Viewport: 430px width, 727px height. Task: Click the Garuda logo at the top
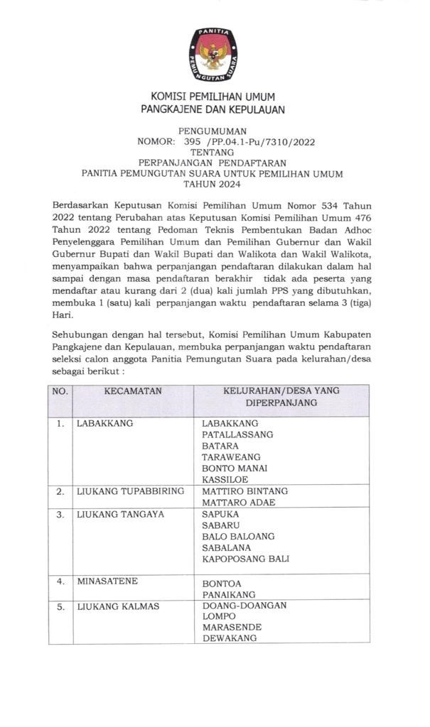[x=213, y=54]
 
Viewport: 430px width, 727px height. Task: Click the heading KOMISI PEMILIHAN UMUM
[x=213, y=97]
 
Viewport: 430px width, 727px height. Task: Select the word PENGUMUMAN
[x=213, y=131]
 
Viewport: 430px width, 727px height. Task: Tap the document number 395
[x=193, y=141]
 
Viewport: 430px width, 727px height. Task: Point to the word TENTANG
[x=213, y=152]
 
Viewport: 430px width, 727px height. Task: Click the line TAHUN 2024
[x=213, y=183]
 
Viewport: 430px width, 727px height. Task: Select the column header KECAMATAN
[x=133, y=391]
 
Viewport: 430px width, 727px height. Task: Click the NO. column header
[x=60, y=391]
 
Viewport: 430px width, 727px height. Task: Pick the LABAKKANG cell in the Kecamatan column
[x=105, y=424]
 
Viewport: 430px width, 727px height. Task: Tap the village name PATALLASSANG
[x=237, y=434]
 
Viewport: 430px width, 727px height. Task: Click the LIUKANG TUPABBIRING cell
[x=130, y=491]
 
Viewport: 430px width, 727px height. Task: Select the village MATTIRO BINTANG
[x=244, y=491]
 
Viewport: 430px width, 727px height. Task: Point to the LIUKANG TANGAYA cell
[x=120, y=514]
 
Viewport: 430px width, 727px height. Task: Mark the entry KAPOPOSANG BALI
[x=246, y=559]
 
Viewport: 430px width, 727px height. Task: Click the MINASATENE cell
[x=107, y=581]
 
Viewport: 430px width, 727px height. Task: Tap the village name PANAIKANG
[x=229, y=594]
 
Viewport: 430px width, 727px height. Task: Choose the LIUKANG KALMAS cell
[x=118, y=606]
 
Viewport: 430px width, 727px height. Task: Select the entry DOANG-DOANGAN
[x=244, y=606]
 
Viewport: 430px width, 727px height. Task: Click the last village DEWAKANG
[x=229, y=638]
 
